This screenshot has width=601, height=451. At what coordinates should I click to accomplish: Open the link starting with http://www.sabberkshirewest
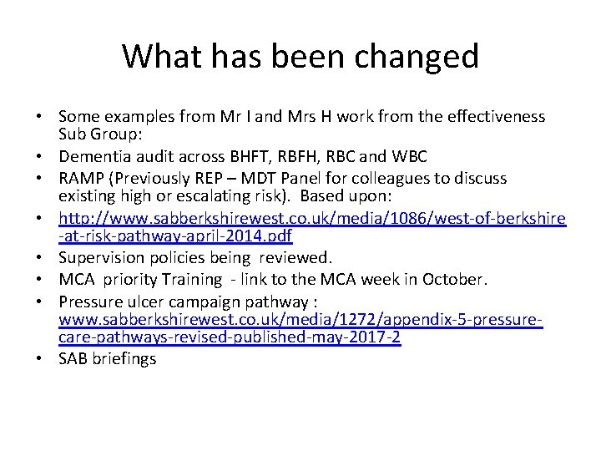pyautogui.click(x=312, y=219)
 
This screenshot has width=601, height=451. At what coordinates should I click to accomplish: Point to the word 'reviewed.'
pyautogui.click(x=297, y=258)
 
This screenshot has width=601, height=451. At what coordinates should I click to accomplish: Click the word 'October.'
pyautogui.click(x=483, y=279)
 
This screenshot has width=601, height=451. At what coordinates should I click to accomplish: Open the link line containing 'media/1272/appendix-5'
pyautogui.click(x=301, y=319)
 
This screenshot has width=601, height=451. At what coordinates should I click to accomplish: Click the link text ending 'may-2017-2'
pyautogui.click(x=230, y=338)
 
